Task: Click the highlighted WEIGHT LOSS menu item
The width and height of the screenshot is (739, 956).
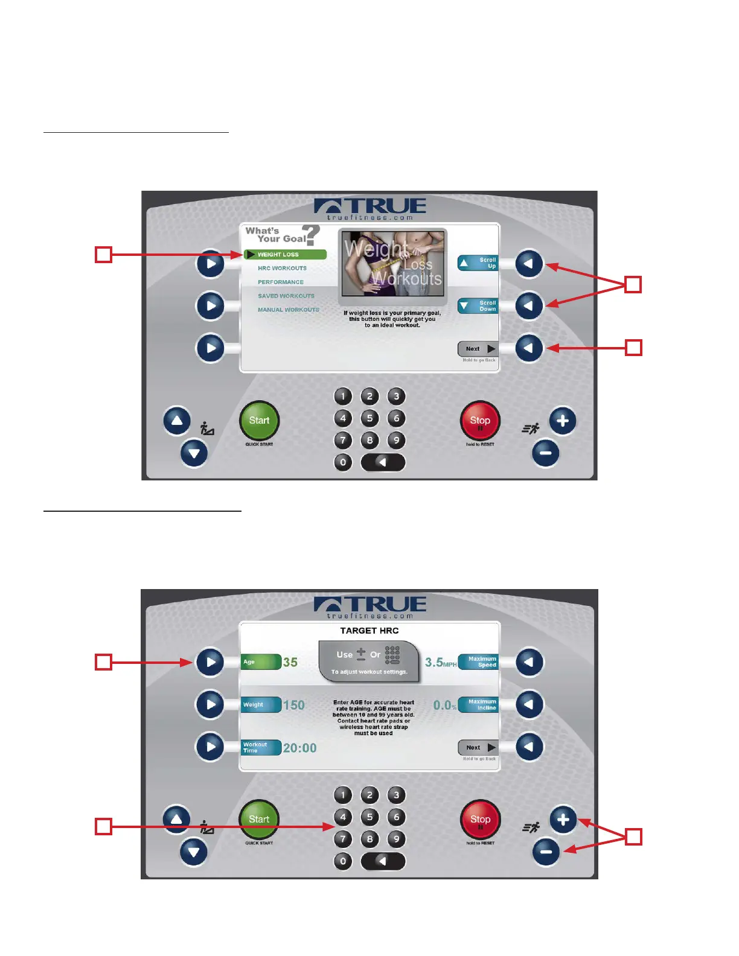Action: click(x=285, y=255)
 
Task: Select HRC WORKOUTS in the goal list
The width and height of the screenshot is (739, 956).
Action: click(x=282, y=269)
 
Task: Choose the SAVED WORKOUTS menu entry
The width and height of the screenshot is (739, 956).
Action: click(x=286, y=296)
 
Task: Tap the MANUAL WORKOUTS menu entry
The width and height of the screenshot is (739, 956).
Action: click(x=289, y=310)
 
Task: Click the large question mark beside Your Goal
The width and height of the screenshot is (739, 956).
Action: click(x=311, y=235)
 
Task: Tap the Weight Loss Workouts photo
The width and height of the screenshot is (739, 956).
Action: click(x=392, y=266)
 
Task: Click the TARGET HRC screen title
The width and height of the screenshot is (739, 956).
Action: click(x=369, y=631)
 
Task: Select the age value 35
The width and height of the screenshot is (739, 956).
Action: click(x=290, y=662)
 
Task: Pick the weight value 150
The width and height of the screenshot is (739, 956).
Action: click(x=294, y=705)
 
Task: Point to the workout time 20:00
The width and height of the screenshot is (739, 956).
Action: click(x=299, y=748)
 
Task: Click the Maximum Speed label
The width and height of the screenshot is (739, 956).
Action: click(x=479, y=662)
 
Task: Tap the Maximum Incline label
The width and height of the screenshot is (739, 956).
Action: click(x=479, y=705)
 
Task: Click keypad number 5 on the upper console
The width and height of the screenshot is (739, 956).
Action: click(x=369, y=418)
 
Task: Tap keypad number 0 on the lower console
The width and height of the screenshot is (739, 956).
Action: click(x=343, y=861)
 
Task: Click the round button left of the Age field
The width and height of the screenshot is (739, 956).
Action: click(x=210, y=662)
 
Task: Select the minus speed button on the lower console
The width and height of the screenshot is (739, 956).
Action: click(x=546, y=852)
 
